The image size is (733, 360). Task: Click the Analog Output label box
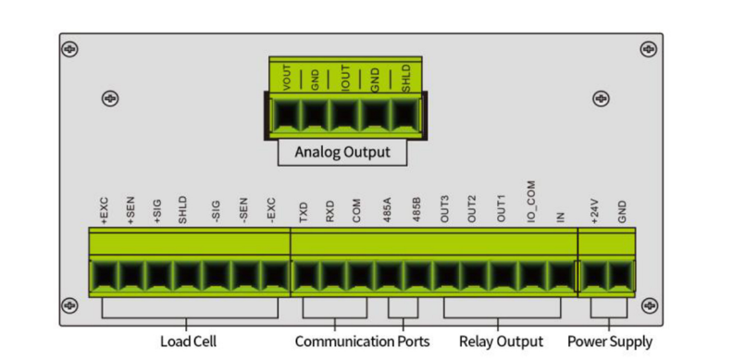click(342, 152)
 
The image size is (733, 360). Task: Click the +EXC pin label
click(105, 212)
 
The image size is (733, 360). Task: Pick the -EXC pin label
click(271, 212)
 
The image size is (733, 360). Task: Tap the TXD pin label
click(304, 212)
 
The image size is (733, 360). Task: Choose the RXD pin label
click(329, 212)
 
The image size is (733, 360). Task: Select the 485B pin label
click(416, 212)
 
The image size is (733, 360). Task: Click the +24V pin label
click(594, 212)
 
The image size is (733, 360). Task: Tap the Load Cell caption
click(188, 341)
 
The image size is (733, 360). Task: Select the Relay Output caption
click(501, 341)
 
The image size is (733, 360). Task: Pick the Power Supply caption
click(610, 341)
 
